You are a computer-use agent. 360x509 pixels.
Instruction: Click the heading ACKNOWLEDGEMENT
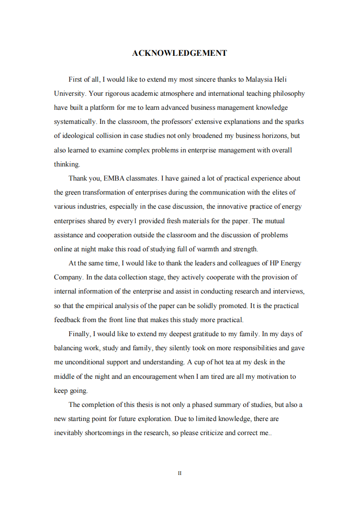coord(179,54)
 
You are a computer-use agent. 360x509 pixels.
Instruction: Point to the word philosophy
coord(288,93)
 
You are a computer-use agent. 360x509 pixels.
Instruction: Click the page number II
coord(180,473)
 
